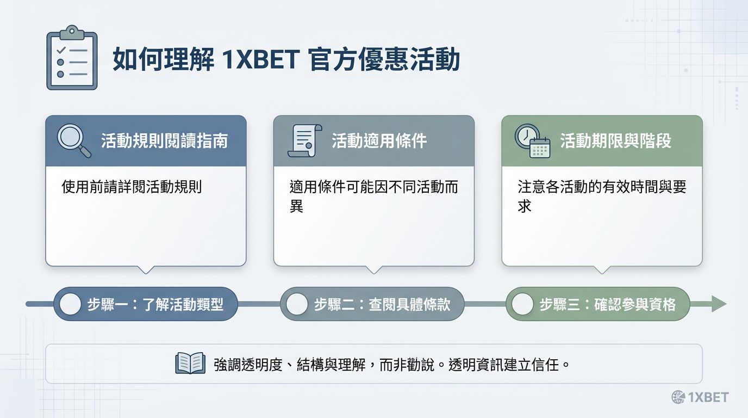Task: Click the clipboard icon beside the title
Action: (72, 58)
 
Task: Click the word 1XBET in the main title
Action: (260, 59)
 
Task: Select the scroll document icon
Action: (305, 141)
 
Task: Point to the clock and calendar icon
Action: (532, 141)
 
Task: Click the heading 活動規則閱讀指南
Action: (164, 141)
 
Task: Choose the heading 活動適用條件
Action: (379, 141)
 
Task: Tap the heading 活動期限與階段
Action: (615, 141)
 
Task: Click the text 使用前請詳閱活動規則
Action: (132, 187)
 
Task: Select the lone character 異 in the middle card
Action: (296, 206)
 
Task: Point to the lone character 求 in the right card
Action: (525, 206)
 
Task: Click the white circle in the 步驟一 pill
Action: (70, 304)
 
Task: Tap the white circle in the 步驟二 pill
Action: (296, 304)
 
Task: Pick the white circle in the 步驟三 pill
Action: (522, 304)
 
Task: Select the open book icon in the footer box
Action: (190, 363)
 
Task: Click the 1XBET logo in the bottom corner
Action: (700, 397)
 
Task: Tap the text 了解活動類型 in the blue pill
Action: (183, 305)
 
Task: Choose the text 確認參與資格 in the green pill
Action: (635, 305)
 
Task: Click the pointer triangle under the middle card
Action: (374, 269)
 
